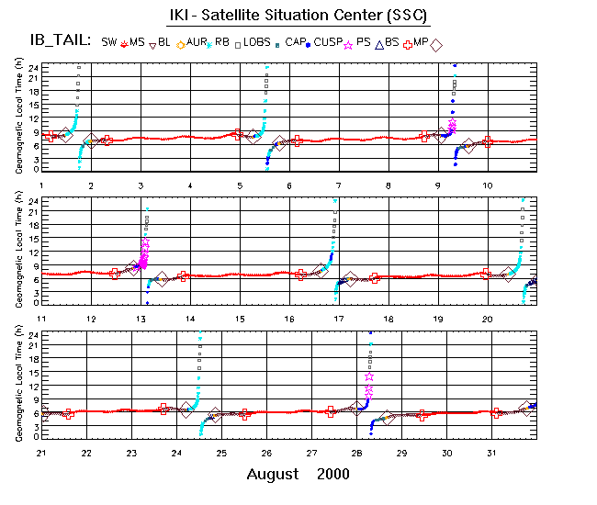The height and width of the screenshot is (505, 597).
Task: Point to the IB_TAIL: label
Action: tap(60, 40)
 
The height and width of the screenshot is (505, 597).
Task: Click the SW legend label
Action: tap(109, 42)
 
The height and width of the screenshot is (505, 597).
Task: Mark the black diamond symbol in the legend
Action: tap(437, 44)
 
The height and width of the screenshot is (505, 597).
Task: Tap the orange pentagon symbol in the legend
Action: tap(181, 44)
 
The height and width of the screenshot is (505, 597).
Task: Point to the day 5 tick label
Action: tap(240, 185)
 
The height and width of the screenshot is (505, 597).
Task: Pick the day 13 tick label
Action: tap(141, 319)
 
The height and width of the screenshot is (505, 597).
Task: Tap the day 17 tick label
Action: tap(339, 319)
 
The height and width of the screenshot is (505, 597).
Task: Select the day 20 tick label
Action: tap(487, 319)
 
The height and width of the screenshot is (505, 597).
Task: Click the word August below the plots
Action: tap(273, 474)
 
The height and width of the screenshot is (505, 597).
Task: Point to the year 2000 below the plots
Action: tap(332, 474)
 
